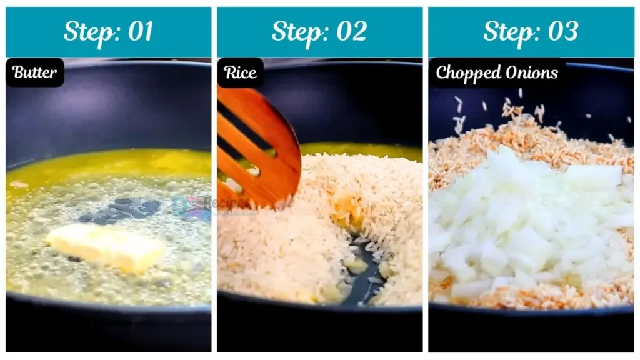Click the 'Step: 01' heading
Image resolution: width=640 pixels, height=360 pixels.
pyautogui.click(x=108, y=31)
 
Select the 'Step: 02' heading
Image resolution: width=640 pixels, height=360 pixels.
pyautogui.click(x=319, y=31)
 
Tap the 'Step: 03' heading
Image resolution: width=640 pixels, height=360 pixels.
pyautogui.click(x=531, y=31)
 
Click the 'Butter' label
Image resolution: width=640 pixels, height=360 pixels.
pyautogui.click(x=35, y=72)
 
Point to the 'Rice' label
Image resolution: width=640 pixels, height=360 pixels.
pyautogui.click(x=240, y=72)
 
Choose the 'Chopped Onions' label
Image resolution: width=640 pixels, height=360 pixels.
pyautogui.click(x=497, y=72)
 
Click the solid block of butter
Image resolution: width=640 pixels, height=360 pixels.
pyautogui.click(x=106, y=246)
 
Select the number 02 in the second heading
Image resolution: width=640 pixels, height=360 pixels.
pyautogui.click(x=351, y=31)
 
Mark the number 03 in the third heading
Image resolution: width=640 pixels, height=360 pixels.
pyautogui.click(x=562, y=31)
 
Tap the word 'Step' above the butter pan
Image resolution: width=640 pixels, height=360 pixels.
pyautogui.click(x=87, y=31)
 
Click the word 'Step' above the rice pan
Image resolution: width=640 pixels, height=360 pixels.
pyautogui.click(x=297, y=31)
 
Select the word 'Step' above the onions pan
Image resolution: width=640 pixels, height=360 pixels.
pyautogui.click(x=508, y=31)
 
